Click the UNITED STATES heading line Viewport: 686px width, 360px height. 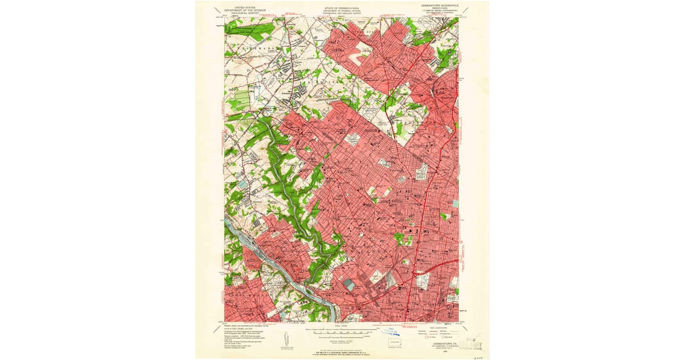[x=240, y=7]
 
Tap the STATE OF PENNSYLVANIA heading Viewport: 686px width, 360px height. [x=342, y=8]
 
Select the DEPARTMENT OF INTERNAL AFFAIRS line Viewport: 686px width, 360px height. [x=342, y=11]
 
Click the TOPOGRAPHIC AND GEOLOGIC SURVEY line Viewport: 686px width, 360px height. [x=342, y=13]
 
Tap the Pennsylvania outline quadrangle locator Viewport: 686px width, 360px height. [x=394, y=343]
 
